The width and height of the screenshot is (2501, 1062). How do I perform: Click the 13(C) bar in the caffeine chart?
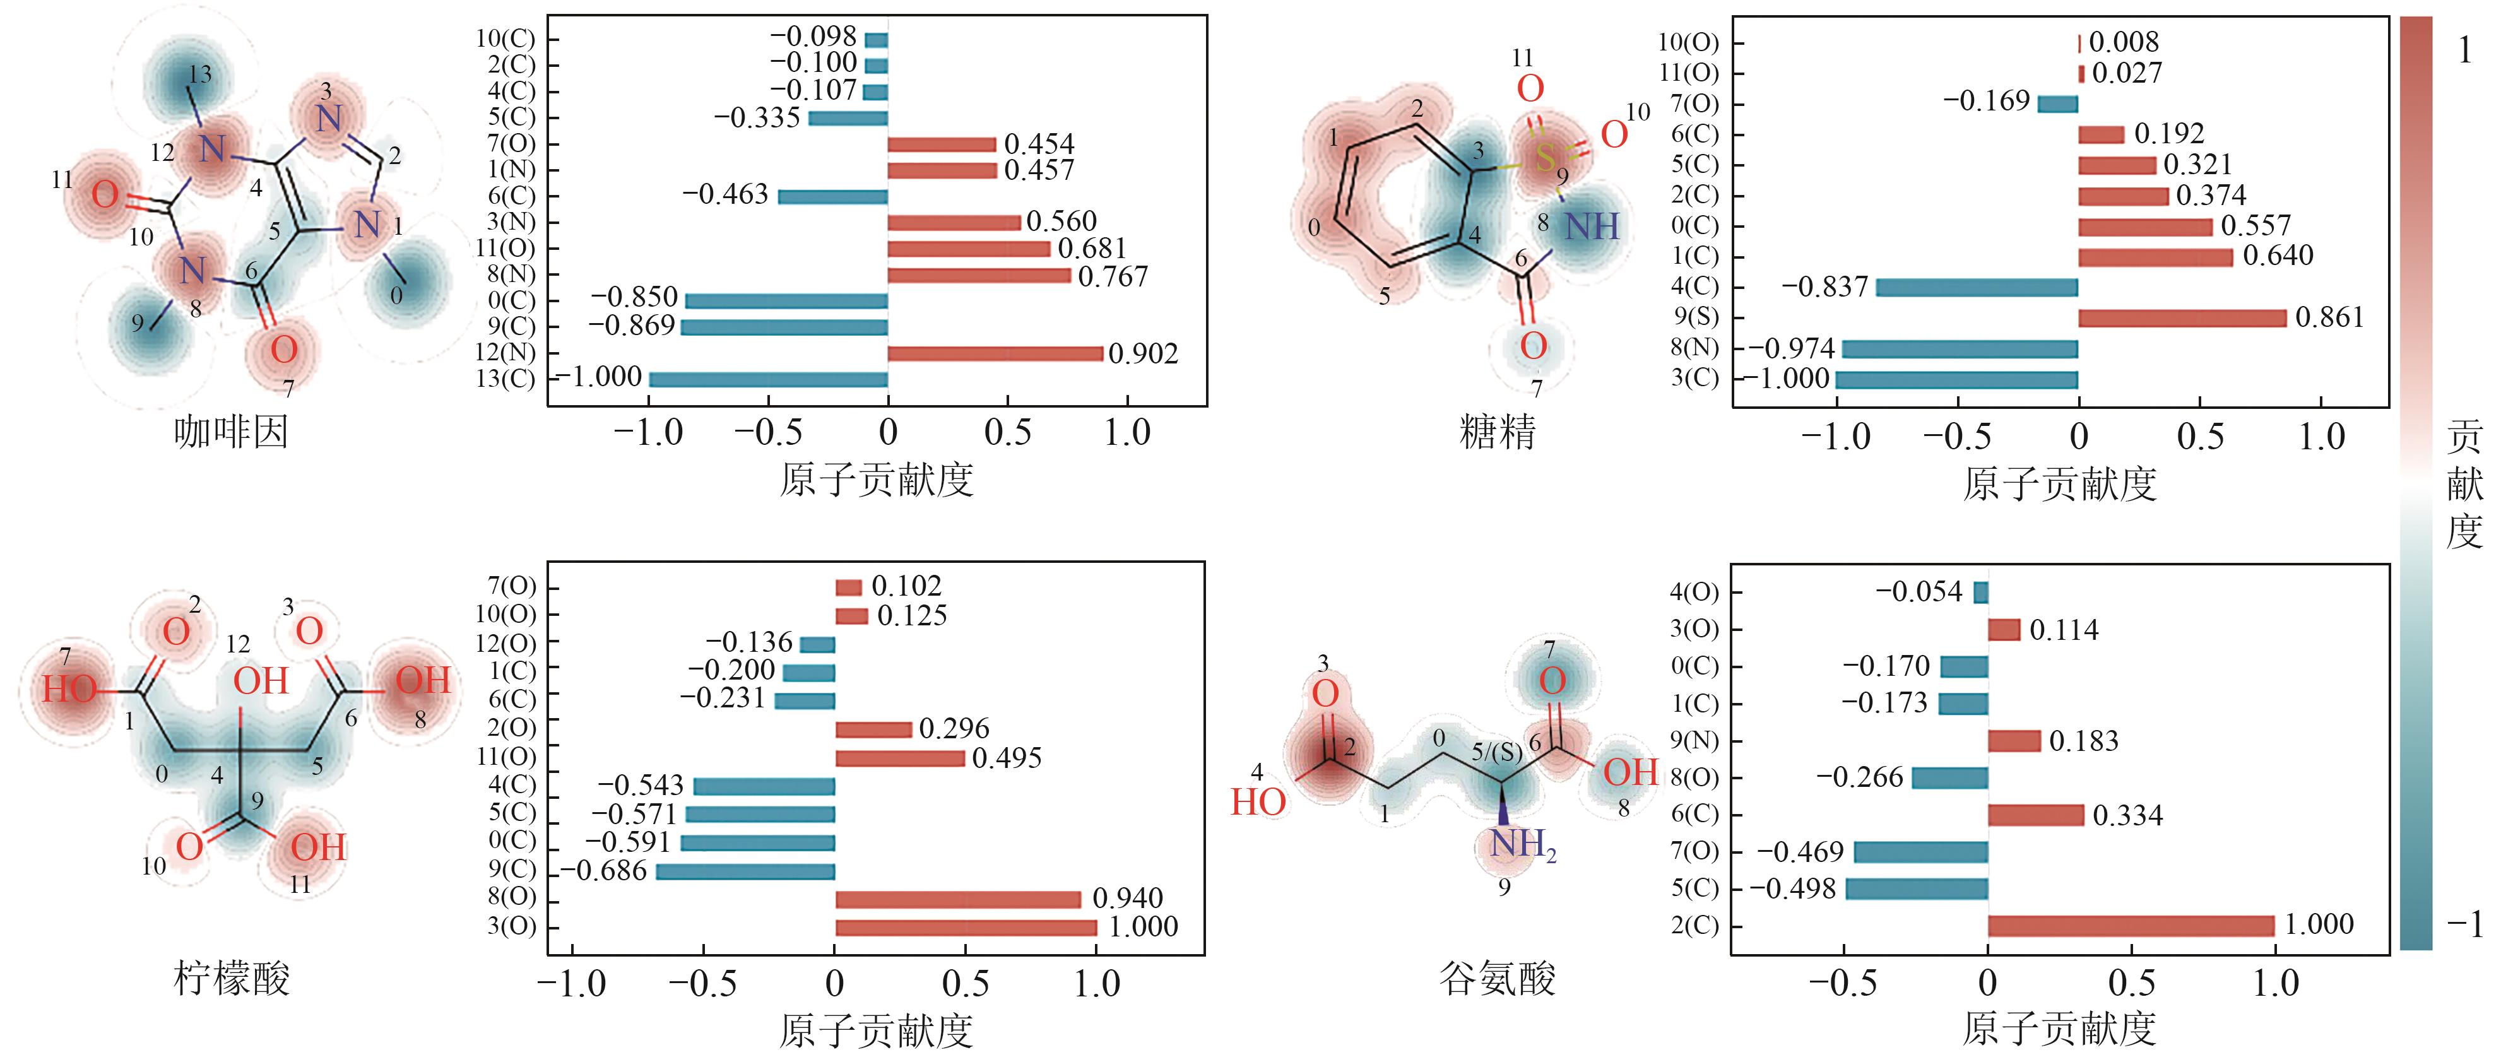[x=768, y=379]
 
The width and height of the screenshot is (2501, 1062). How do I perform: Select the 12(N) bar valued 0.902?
[x=995, y=352]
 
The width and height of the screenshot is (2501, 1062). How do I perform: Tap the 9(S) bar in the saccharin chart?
[x=2182, y=317]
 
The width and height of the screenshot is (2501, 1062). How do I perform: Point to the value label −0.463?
[x=725, y=194]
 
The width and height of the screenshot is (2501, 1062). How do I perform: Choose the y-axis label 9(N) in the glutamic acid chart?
[x=1694, y=741]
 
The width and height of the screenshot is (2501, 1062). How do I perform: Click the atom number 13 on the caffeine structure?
[x=200, y=74]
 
